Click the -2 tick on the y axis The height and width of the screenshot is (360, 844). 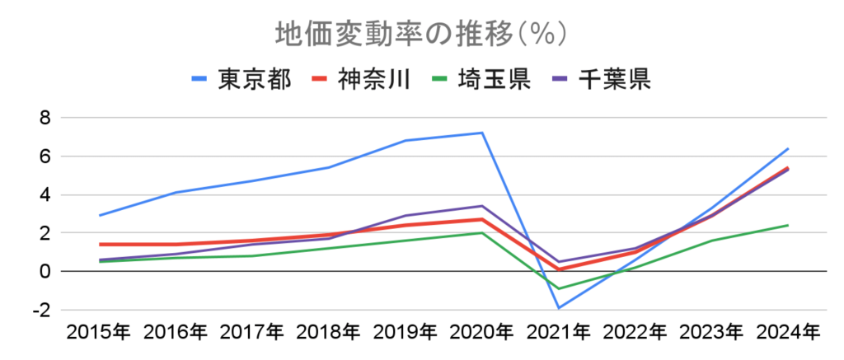42,311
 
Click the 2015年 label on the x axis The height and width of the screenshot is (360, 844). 98,333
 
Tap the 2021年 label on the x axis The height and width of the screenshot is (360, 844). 559,333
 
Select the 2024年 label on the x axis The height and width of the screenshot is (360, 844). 789,333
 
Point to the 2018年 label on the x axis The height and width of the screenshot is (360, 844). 328,333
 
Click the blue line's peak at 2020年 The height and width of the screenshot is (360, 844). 482,133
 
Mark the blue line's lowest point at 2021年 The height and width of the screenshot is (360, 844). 559,308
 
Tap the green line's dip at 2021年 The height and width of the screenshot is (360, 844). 559,289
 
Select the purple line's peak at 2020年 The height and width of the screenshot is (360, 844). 482,206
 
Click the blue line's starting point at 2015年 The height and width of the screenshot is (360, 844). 99,216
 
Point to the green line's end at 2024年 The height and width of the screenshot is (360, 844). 789,225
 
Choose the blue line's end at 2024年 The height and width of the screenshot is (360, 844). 789,148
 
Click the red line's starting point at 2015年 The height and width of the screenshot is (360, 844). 99,245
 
